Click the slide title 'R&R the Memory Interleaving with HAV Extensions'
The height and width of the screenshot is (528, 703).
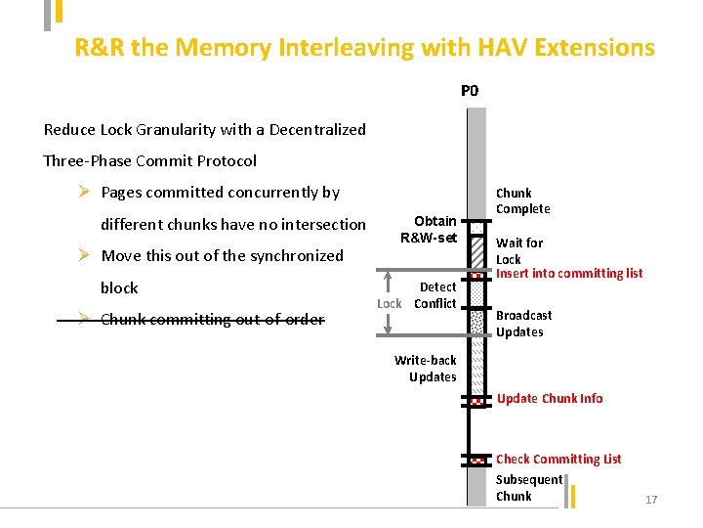tap(364, 47)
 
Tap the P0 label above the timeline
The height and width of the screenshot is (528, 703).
tap(470, 91)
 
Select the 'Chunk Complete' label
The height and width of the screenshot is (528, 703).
tap(522, 200)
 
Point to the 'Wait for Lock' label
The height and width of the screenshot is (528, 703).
tap(518, 250)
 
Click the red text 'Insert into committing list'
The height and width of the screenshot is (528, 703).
tap(569, 274)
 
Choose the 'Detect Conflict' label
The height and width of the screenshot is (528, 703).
tap(435, 294)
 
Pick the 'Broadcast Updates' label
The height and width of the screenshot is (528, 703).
tap(523, 324)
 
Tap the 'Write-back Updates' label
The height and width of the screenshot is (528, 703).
tap(433, 369)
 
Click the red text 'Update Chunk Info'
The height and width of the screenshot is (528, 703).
tap(550, 398)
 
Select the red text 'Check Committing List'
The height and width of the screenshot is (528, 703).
tap(558, 459)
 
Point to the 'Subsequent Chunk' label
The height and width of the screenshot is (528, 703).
tap(528, 487)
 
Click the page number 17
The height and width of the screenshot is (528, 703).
tap(651, 500)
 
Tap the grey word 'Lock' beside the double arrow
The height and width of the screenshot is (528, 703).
tap(389, 303)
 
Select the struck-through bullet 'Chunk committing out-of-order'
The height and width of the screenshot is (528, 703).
tap(212, 319)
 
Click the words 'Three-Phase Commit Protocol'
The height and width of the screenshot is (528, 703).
tap(150, 160)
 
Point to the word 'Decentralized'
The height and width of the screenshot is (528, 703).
tap(317, 129)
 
